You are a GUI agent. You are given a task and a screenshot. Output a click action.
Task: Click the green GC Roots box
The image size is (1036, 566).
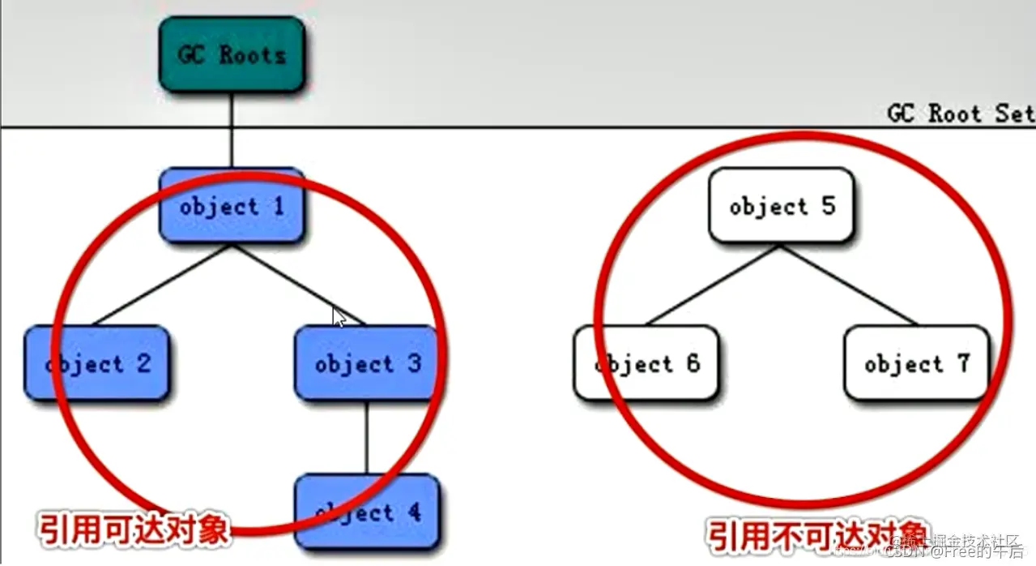(x=232, y=54)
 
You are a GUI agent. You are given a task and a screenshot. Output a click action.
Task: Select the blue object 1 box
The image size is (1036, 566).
(x=232, y=206)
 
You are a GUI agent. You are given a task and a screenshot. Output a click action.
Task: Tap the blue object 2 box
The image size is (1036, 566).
(x=97, y=363)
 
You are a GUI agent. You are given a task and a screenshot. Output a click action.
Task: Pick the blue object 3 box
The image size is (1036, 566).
(x=367, y=363)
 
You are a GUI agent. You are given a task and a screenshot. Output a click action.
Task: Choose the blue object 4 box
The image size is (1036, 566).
(x=367, y=512)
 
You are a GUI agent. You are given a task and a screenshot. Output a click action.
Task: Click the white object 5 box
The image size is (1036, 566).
(x=781, y=206)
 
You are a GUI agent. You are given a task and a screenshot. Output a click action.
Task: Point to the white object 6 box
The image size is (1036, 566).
(x=646, y=363)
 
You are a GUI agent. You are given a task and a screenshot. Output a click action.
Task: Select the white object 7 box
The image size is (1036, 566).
(x=916, y=363)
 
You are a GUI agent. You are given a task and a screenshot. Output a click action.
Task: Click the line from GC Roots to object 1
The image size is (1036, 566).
(x=232, y=130)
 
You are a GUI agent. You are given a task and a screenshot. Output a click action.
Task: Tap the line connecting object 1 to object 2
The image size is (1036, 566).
(x=162, y=284)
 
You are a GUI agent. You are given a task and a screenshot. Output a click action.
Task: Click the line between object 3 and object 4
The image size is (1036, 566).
(x=367, y=438)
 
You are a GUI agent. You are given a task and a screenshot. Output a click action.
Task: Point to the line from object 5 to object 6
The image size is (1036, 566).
(x=713, y=284)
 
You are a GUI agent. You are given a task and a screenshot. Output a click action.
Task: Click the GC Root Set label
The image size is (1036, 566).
(x=961, y=114)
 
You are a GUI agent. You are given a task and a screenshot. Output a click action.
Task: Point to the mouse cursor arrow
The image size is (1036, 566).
(x=339, y=316)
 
